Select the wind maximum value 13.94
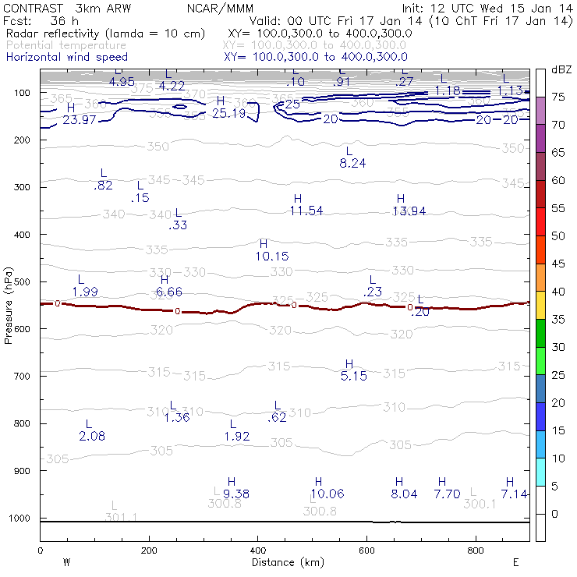(x=409, y=211)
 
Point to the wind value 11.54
(x=306, y=211)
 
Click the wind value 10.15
(x=272, y=256)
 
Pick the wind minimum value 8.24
(x=352, y=163)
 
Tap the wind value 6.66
(x=169, y=292)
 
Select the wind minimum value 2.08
(x=92, y=436)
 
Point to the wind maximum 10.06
(x=326, y=494)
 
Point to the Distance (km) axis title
(x=284, y=562)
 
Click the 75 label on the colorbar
(x=558, y=97)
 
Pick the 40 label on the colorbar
(x=558, y=292)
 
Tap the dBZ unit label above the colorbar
(x=561, y=69)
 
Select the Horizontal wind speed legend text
(x=67, y=57)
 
